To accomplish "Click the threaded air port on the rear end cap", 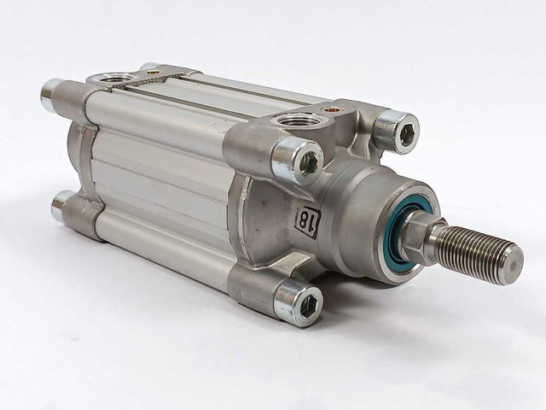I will point(117,79).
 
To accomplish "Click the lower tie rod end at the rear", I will point(60,205).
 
